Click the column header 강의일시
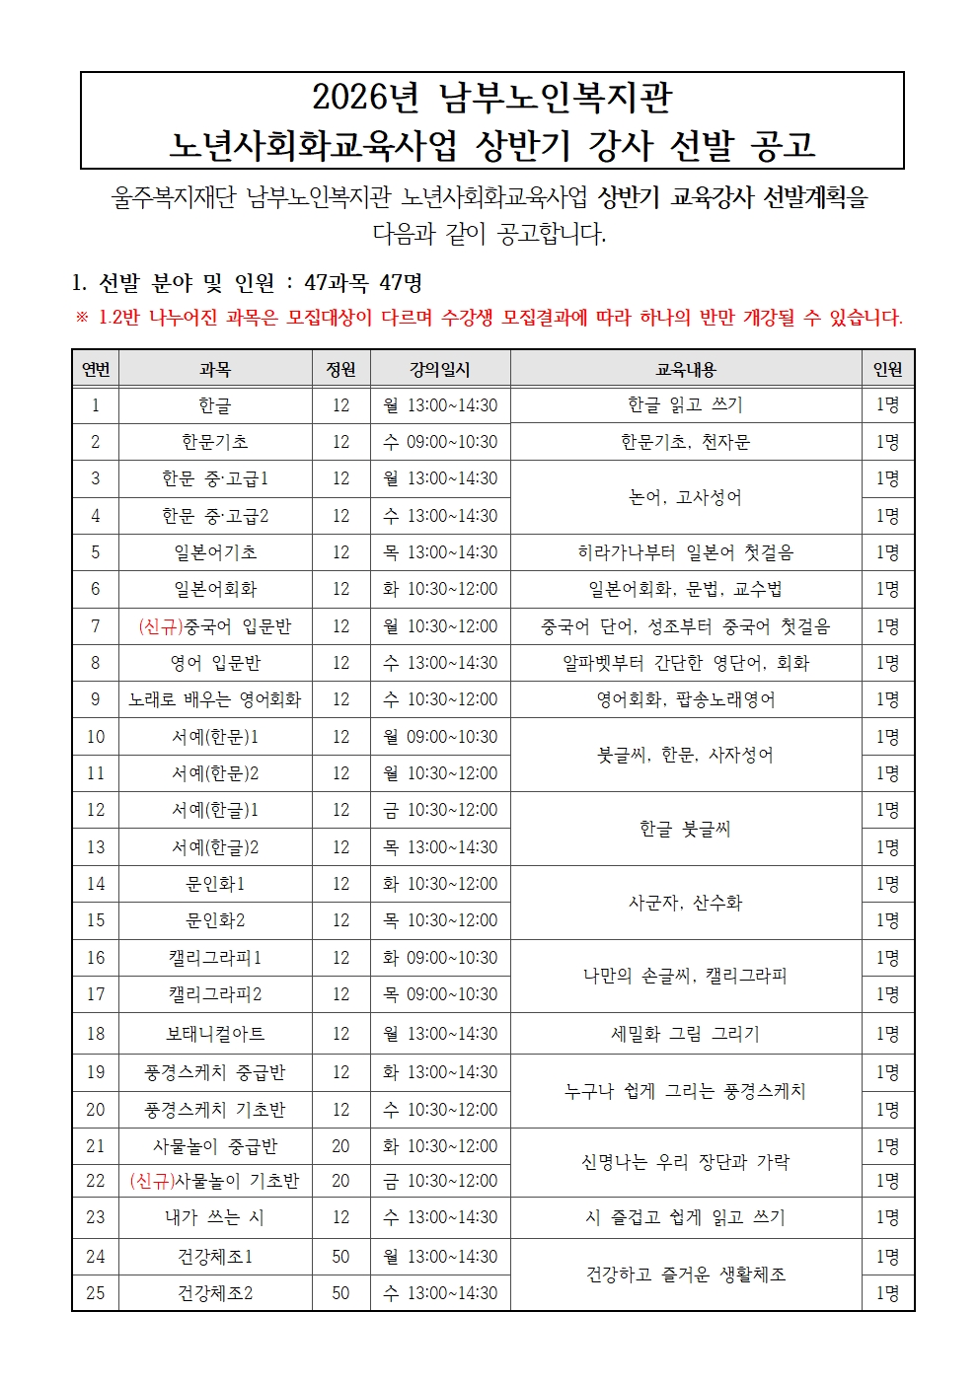440,370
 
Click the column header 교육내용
685,370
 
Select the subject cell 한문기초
215,442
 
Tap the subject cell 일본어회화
215,589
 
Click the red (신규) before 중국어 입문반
160,626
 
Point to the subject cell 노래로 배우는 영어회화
215,699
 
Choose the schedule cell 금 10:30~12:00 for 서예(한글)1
440,810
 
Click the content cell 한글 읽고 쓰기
685,404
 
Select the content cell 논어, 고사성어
685,497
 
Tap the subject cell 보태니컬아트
215,1034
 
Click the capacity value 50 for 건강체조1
340,1257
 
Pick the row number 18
96,1034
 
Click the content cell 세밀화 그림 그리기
685,1034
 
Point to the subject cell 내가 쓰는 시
215,1217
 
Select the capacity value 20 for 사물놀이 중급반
340,1146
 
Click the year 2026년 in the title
365,97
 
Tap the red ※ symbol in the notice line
82,318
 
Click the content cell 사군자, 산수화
685,903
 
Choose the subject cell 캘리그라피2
215,994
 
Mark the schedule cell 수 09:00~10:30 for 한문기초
440,442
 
